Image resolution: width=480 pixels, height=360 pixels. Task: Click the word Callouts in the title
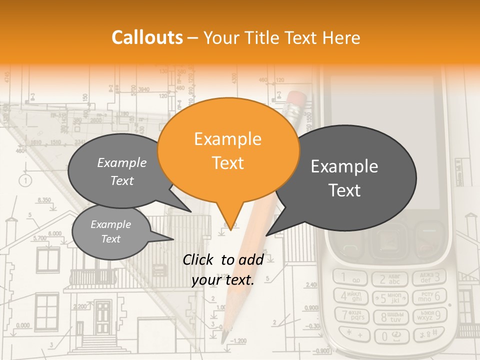(147, 38)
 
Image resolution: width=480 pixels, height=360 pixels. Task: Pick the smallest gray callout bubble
(111, 231)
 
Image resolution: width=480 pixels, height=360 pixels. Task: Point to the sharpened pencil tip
(224, 338)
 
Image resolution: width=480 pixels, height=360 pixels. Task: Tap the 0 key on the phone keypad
(391, 335)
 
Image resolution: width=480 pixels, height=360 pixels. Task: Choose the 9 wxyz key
(430, 315)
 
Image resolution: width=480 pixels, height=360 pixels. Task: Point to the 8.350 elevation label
(44, 200)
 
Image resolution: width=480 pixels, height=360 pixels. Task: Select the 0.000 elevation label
(22, 325)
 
